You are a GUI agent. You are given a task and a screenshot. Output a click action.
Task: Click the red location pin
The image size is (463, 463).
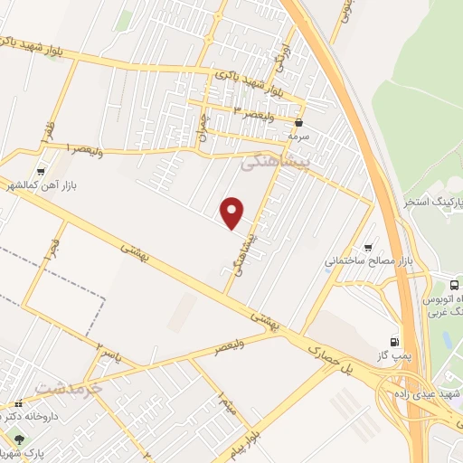[x=233, y=211]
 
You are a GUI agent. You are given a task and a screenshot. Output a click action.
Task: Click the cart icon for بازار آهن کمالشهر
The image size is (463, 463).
[x=41, y=171]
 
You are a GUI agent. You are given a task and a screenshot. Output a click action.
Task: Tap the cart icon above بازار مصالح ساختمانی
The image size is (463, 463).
[x=367, y=247]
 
